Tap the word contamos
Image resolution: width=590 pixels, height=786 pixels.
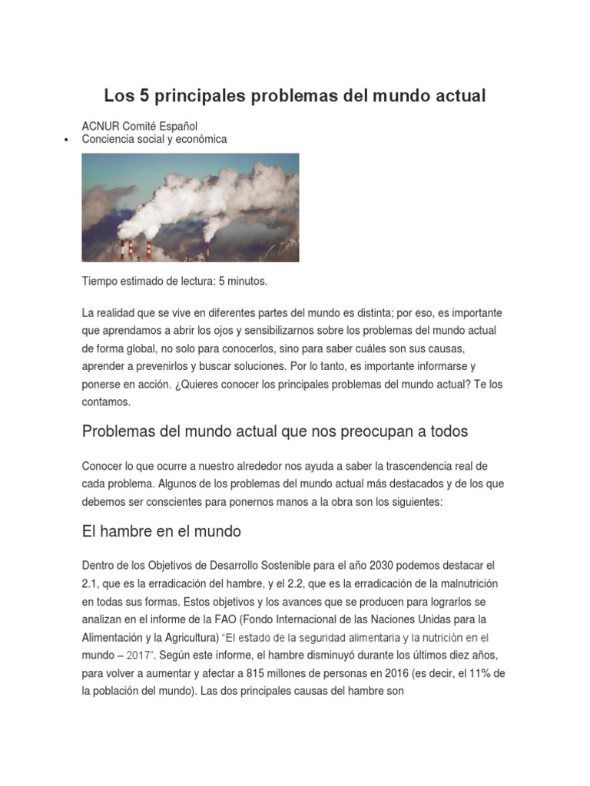[x=107, y=401]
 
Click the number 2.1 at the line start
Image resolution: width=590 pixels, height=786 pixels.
[x=91, y=583]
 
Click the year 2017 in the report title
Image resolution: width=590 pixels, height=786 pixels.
[x=134, y=655]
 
